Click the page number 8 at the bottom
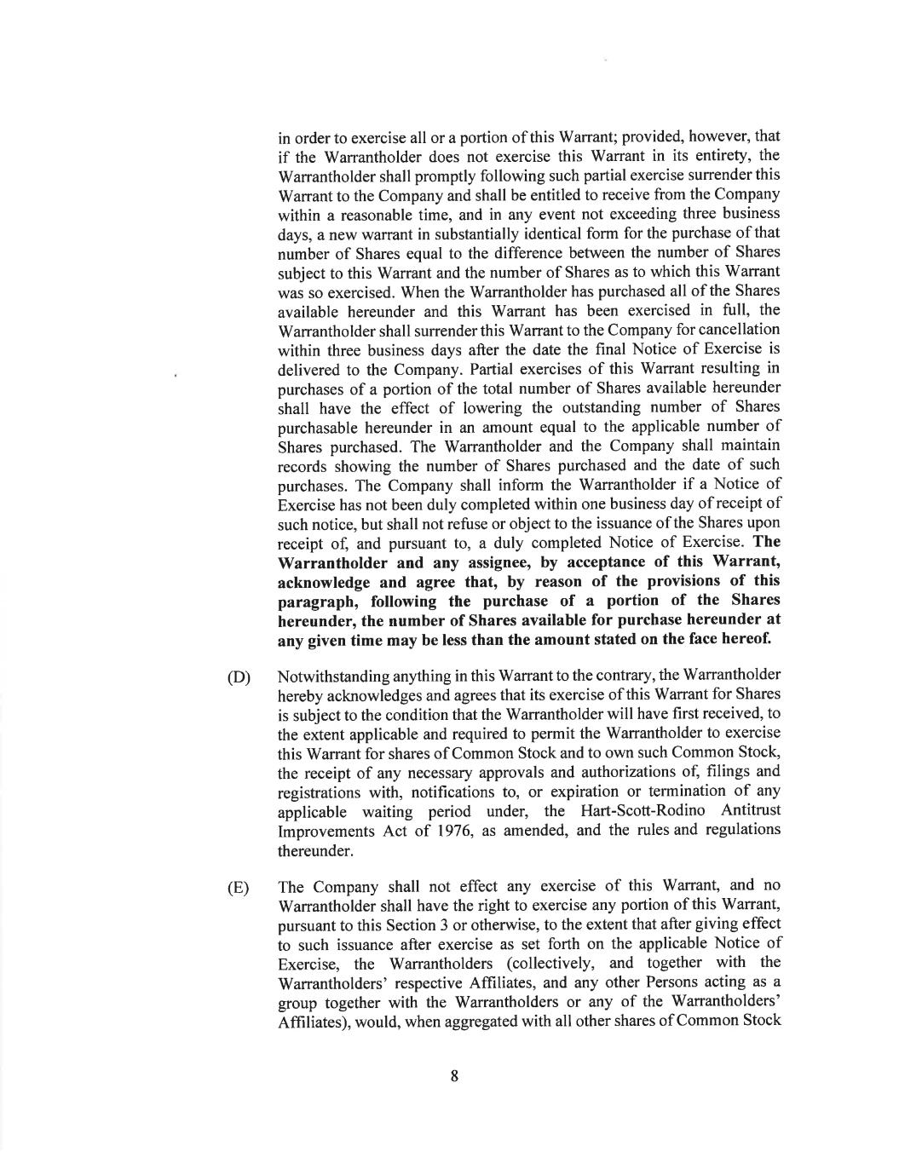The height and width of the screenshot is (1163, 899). pos(454,1076)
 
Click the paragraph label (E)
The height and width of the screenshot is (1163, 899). pos(239,888)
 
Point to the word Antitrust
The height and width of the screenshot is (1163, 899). pos(751,810)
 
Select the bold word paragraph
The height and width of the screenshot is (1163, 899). pos(314,602)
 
